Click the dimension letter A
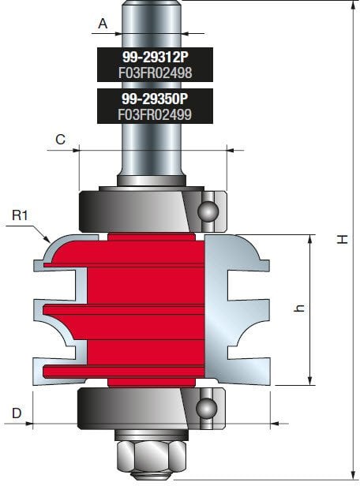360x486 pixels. (103, 24)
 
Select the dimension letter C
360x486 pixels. (61, 139)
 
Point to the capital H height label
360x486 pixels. (342, 237)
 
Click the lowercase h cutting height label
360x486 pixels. (299, 310)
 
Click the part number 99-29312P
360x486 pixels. (155, 57)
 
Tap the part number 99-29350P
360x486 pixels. (155, 98)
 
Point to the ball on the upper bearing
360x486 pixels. (207, 211)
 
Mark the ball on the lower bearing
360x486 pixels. (207, 408)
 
